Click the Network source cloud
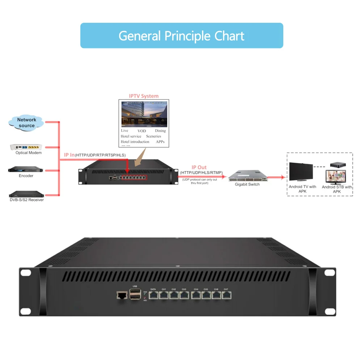pyautogui.click(x=26, y=122)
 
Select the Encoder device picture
pyautogui.click(x=26, y=169)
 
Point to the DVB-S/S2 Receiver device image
pyautogui.click(x=26, y=194)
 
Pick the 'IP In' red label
pyautogui.click(x=69, y=155)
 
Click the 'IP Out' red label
pyautogui.click(x=199, y=167)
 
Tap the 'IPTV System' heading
pyautogui.click(x=144, y=96)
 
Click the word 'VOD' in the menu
pyautogui.click(x=142, y=131)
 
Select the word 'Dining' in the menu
pyautogui.click(x=160, y=131)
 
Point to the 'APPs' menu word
pyautogui.click(x=160, y=142)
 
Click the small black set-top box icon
pyautogui.click(x=337, y=164)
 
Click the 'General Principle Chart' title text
pyautogui.click(x=181, y=36)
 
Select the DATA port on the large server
pyautogui.click(x=153, y=295)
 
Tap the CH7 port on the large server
pyautogui.click(x=226, y=295)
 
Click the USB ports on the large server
pyautogui.click(x=135, y=295)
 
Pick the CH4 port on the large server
pyautogui.click(x=196, y=295)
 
